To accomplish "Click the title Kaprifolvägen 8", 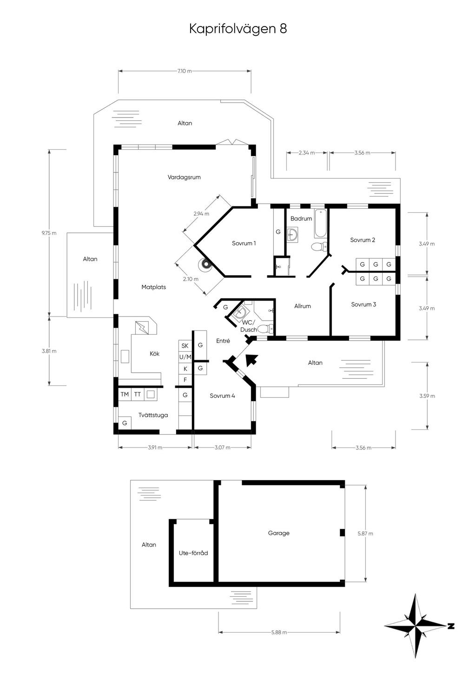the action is pos(238,29).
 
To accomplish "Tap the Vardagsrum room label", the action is pos(184,177).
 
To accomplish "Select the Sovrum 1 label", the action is pos(244,244).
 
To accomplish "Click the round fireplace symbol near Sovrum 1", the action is pos(205,265).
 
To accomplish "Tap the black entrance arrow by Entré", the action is pos(251,359).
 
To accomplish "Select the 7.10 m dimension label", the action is pos(185,71).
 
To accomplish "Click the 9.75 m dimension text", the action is pos(49,233).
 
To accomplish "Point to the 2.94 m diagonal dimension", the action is pos(201,214).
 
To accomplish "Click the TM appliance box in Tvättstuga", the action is pos(125,394).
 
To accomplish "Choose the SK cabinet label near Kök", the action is pos(185,346).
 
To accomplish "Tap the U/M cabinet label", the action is pos(185,357).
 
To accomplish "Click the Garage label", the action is pos(278,533).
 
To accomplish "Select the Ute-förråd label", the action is pos(193,553).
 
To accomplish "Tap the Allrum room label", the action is pos(302,306).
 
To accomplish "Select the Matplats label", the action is pos(153,287).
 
